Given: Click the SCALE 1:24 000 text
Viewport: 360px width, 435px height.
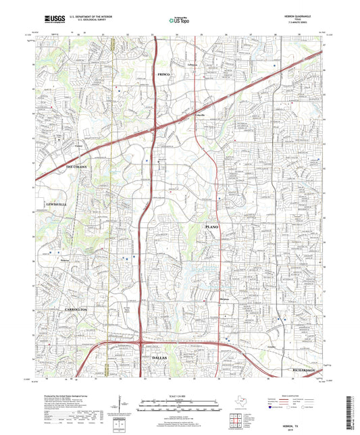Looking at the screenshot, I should click(179, 395).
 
